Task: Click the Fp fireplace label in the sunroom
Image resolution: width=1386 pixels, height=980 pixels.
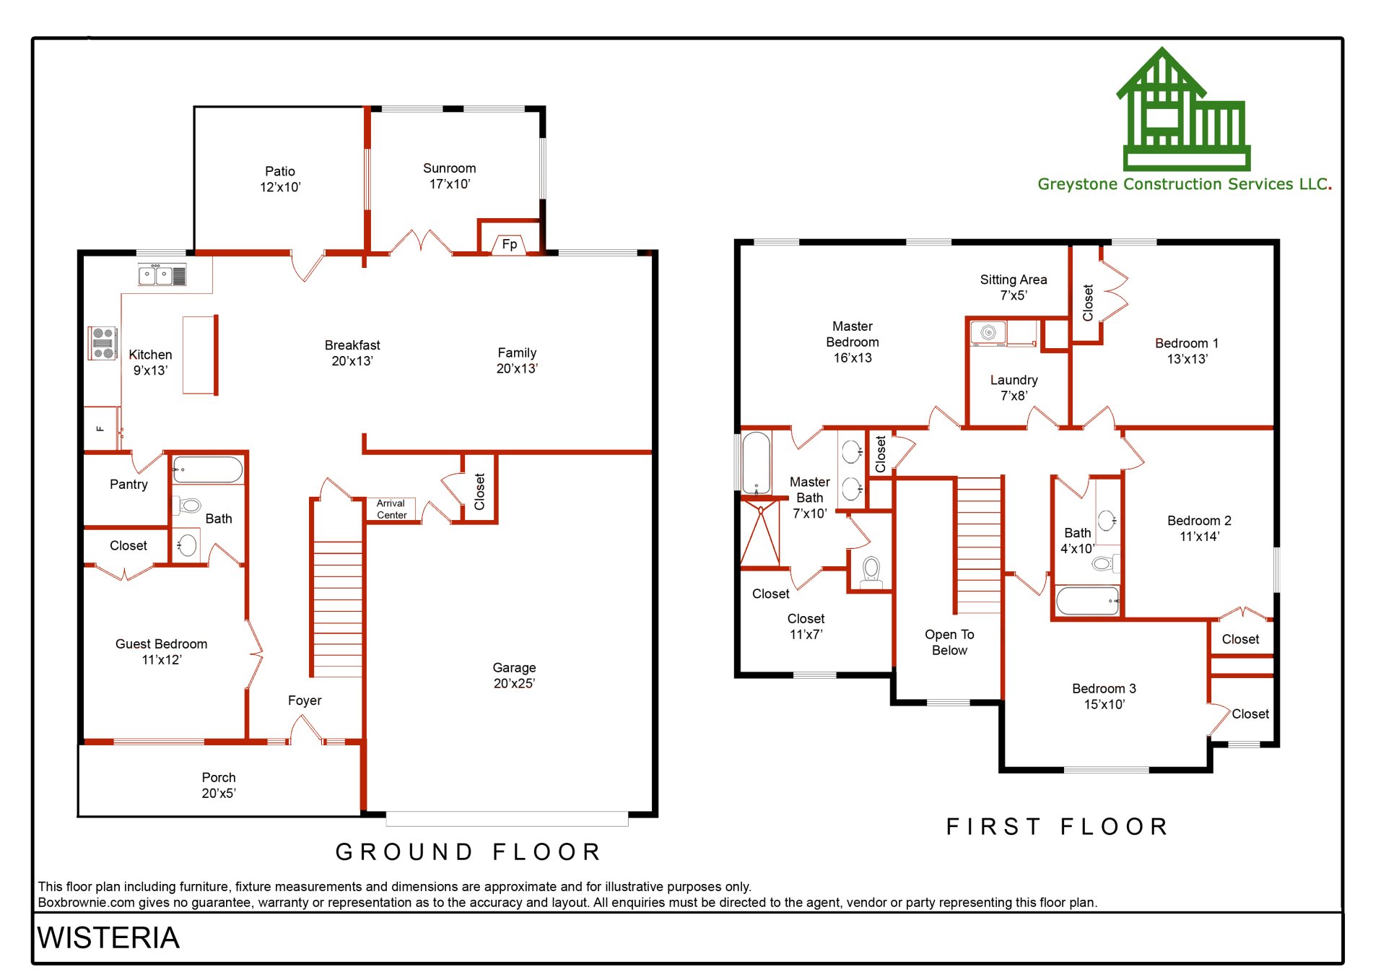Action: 509,244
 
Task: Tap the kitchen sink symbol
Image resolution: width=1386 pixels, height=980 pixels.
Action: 162,275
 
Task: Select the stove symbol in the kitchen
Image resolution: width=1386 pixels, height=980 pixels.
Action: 103,343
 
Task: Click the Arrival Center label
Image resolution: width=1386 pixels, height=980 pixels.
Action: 391,509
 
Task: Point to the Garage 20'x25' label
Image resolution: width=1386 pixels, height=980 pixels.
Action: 514,675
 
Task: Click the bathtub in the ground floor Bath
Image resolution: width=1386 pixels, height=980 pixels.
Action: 208,470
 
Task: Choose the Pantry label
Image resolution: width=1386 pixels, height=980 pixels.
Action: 128,485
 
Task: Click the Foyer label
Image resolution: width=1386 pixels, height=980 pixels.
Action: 305,701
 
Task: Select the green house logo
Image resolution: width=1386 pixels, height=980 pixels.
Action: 1184,108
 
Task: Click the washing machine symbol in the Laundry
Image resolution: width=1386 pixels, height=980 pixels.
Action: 988,333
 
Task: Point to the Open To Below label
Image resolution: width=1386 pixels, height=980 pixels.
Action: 949,642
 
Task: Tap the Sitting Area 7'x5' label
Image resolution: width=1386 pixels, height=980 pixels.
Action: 1013,287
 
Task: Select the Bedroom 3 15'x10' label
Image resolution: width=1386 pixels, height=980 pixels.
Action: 1104,696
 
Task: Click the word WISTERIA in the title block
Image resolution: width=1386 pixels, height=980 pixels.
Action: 108,938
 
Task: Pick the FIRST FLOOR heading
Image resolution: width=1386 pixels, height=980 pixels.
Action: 1058,826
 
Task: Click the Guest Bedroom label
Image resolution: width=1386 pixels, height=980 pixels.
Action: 161,651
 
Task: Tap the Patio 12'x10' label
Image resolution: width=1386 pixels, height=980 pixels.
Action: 280,179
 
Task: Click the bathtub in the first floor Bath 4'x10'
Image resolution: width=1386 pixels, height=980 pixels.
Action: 1087,601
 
